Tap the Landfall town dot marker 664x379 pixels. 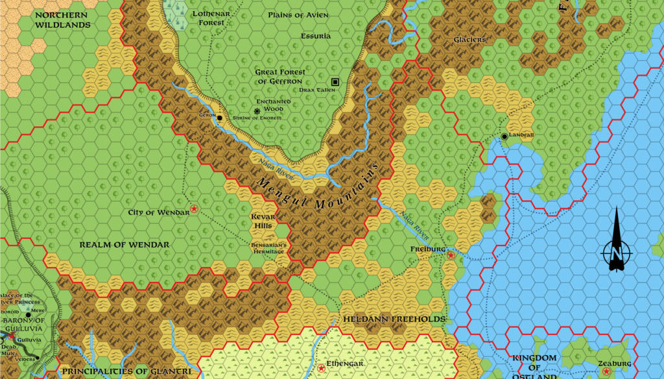tap(504, 137)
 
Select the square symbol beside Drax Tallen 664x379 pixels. tap(335, 82)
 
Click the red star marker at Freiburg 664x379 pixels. tap(451, 255)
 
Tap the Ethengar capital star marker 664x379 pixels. tap(321, 369)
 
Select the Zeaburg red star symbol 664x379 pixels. tap(606, 372)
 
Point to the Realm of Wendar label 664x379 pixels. tap(124, 245)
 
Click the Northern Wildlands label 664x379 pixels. tap(63, 19)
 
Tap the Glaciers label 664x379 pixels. tap(470, 40)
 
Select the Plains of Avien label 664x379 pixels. tap(298, 14)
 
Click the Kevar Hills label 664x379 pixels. tap(263, 221)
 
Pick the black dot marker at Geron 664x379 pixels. tap(220, 118)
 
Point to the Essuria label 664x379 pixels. tap(316, 36)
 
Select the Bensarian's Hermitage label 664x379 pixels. tap(268, 248)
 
